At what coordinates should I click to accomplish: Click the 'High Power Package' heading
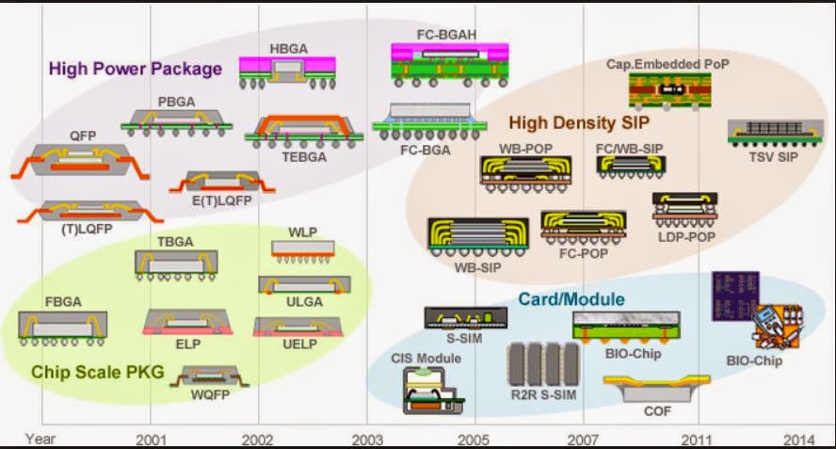pos(135,68)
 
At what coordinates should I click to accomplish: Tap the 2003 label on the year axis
pos(366,439)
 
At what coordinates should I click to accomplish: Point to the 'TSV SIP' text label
pos(773,156)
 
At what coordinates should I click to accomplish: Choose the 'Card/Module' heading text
pos(571,299)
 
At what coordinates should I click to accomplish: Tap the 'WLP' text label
pos(303,232)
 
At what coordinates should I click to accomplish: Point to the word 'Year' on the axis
pos(40,439)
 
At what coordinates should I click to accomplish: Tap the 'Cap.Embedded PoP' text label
pos(668,64)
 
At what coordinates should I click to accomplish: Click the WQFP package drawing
pos(211,376)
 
